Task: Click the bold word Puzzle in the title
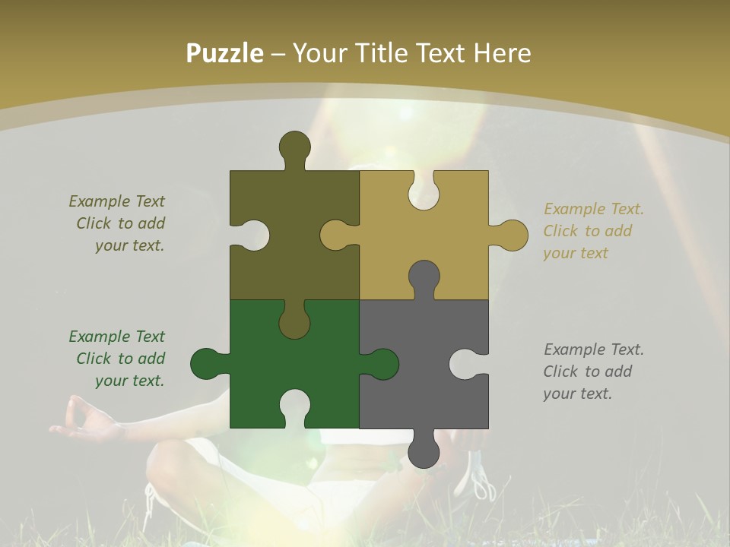[x=225, y=53]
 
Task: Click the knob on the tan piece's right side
[x=511, y=235]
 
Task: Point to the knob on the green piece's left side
[x=207, y=364]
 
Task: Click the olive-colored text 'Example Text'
[x=116, y=201]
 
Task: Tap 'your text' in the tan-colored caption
[x=576, y=253]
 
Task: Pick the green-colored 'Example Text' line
[x=116, y=337]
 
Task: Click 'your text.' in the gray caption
[x=577, y=394]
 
